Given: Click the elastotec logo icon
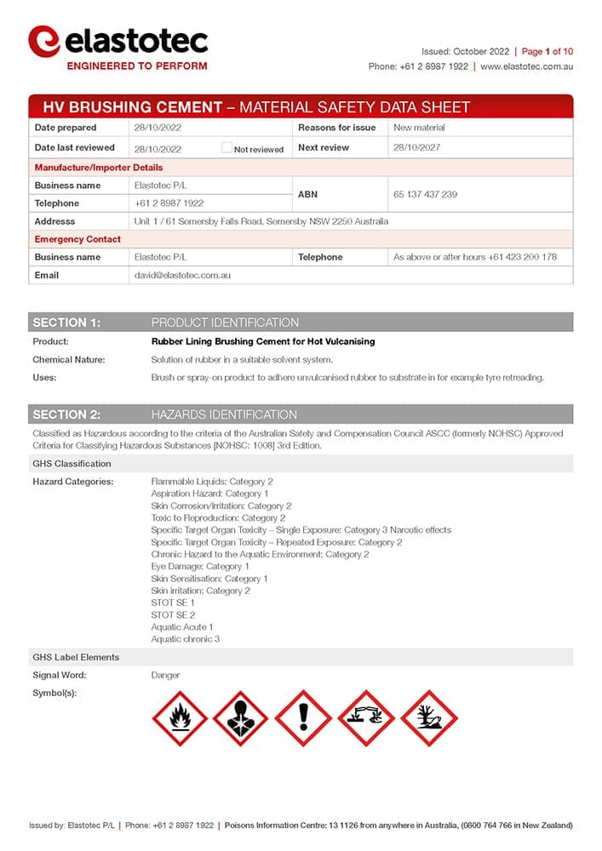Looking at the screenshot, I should click(x=43, y=40).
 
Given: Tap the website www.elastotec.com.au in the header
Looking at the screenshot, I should click(x=526, y=66).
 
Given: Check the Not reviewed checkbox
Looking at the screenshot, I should click(x=226, y=148).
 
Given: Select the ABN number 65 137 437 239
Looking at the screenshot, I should click(x=425, y=195).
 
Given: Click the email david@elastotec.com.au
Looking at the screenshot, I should click(x=183, y=276).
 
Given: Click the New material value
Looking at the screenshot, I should click(x=419, y=128).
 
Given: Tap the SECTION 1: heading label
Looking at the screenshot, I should click(x=66, y=323).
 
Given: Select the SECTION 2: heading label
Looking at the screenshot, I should click(x=66, y=414).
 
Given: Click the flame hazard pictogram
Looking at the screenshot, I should click(x=180, y=718).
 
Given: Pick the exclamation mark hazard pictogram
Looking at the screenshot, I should click(x=303, y=718).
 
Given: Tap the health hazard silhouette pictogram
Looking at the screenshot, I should click(x=241, y=718).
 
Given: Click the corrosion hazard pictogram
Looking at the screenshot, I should click(x=366, y=718).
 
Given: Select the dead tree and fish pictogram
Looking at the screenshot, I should click(x=428, y=718).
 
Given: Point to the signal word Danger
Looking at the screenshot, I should click(x=165, y=676).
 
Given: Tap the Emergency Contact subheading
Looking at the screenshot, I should click(x=77, y=239).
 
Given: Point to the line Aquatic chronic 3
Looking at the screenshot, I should click(x=185, y=639).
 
